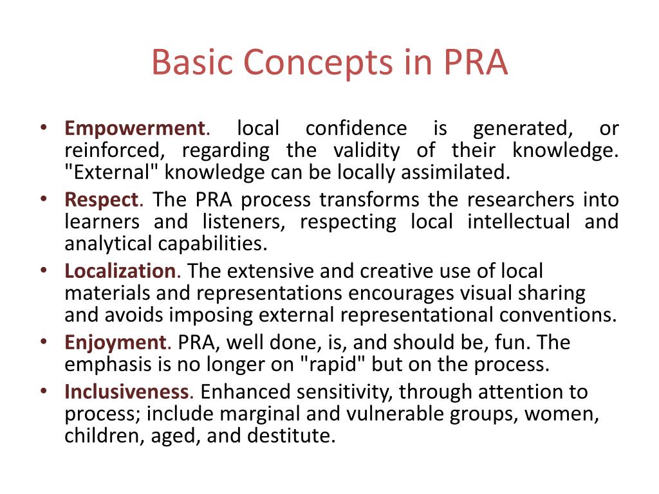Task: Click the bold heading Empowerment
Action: [x=134, y=129]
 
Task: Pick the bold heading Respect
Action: [x=102, y=199]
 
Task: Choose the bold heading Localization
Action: [x=120, y=271]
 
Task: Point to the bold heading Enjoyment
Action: [x=115, y=342]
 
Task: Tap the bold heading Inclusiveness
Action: [x=127, y=392]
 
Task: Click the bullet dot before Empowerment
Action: [x=43, y=129]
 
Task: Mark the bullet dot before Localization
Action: [x=43, y=271]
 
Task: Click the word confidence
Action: [x=356, y=129]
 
